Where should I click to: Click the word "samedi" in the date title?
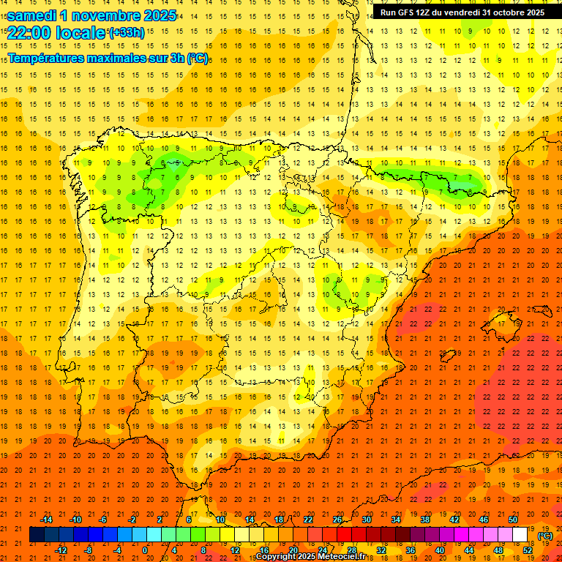coord(34,15)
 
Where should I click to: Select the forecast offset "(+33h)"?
coord(127,32)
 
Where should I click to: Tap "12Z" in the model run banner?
coord(430,12)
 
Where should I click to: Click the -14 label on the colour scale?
coord(47,520)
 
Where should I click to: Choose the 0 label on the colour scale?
coord(145,550)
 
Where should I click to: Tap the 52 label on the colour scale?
coord(528,550)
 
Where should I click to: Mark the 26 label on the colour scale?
coord(337,520)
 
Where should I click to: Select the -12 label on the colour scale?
coord(61,550)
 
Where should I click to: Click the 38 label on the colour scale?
coord(424,520)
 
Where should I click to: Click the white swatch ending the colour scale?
coord(520,535)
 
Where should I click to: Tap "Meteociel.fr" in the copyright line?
coord(340,557)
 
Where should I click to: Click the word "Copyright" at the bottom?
coord(277,557)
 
